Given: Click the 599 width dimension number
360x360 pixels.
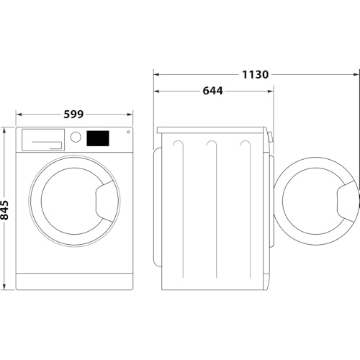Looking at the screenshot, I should pyautogui.click(x=74, y=114).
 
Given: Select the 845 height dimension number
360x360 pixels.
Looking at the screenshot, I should pyautogui.click(x=6, y=210).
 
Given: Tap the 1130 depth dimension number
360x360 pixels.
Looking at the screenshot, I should pyautogui.click(x=256, y=74).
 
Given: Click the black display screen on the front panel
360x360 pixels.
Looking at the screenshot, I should pyautogui.click(x=98, y=138).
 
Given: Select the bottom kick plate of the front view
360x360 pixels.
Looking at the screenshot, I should pyautogui.click(x=74, y=281).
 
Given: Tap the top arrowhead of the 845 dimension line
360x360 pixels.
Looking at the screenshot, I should pyautogui.click(x=6, y=130).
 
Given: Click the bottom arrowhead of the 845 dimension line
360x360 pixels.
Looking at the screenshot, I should pyautogui.click(x=6, y=287).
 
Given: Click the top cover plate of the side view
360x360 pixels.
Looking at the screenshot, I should pyautogui.click(x=212, y=130).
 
